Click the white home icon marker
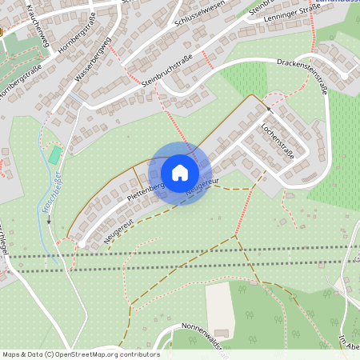[x=180, y=172]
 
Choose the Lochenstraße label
[x=277, y=140]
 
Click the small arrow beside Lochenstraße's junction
[x=269, y=108]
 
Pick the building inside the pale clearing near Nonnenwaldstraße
[x=221, y=332]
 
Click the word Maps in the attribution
[x=12, y=354]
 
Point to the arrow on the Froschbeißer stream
[x=48, y=222]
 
